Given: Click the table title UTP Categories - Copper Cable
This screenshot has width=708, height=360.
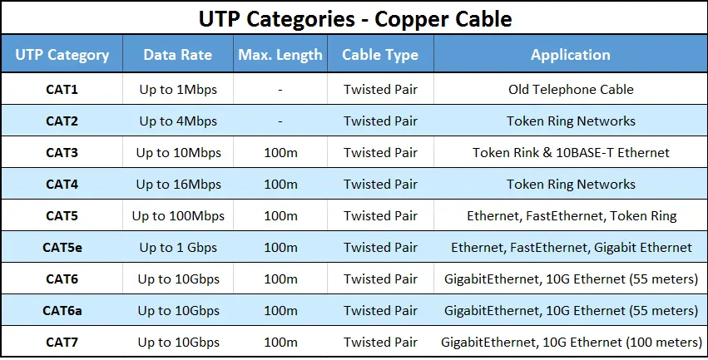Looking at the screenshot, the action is tap(355, 19).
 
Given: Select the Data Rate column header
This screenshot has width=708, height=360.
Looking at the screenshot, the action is tap(177, 55).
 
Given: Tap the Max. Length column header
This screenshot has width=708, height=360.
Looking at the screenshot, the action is tap(280, 55).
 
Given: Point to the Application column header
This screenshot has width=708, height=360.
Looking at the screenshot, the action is tap(571, 55).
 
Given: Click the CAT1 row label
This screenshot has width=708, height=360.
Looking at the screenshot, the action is tap(62, 89).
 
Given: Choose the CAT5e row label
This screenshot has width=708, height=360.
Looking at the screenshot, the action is tap(62, 247).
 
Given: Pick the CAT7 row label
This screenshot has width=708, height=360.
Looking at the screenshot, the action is tap(62, 342).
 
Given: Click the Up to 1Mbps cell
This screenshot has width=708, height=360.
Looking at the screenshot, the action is tap(178, 90).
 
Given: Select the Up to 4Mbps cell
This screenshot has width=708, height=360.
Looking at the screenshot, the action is tap(178, 121).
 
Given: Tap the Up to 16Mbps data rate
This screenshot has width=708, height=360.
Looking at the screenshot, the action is tap(178, 185).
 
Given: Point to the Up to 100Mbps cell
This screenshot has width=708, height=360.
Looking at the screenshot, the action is tap(178, 216).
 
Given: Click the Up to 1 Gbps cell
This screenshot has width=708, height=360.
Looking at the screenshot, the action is tap(178, 248).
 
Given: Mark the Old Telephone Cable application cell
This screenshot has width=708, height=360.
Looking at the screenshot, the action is tap(571, 89).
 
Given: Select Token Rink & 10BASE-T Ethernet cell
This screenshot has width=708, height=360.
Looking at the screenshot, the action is tap(571, 152).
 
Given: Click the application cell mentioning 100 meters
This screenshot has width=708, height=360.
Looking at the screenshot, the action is tap(571, 342).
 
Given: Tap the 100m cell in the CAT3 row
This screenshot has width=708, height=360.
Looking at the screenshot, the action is tap(280, 153).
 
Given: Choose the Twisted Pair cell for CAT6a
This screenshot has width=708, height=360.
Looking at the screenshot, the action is tap(381, 310).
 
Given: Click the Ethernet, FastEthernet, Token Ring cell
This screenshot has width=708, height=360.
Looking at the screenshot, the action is tap(571, 216).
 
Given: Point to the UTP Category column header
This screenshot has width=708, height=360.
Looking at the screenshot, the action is tap(62, 55).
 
